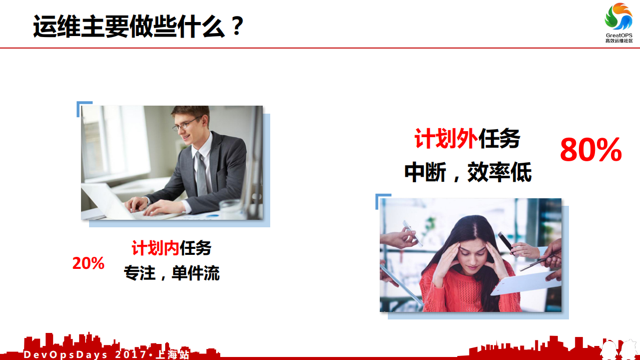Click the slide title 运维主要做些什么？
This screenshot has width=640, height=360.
coord(138,26)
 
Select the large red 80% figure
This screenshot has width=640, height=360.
coord(590,150)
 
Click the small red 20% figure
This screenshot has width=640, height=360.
coord(88,263)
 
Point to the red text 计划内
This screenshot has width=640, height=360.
coord(155,248)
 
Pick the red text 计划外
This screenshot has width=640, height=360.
coord(446,139)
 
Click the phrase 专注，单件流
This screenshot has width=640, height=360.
coord(172,273)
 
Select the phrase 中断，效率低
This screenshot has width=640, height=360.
coord(468,173)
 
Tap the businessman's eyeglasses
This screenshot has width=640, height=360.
coord(186,124)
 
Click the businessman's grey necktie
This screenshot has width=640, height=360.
coord(201,175)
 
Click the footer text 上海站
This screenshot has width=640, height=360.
coord(173,355)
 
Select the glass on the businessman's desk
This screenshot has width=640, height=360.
coord(231,208)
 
